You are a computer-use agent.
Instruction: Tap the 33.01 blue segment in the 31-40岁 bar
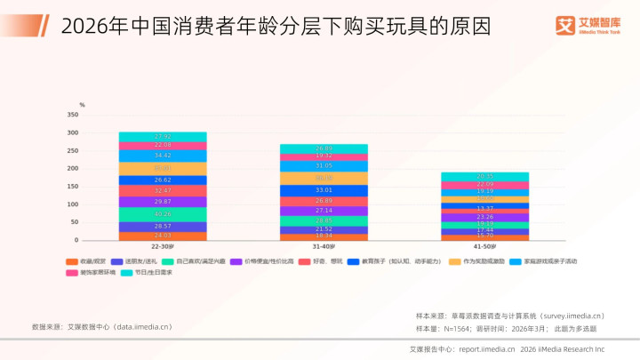pyautogui.click(x=324, y=190)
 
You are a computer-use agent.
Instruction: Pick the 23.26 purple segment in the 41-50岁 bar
pyautogui.click(x=484, y=217)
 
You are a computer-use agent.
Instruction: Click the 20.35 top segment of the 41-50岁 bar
pyautogui.click(x=484, y=177)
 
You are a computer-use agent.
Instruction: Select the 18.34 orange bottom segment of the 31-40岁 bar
pyautogui.click(x=324, y=236)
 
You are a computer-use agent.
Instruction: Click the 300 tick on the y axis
pyautogui.click(x=73, y=132)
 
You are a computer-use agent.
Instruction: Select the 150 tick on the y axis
pyautogui.click(x=73, y=187)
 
